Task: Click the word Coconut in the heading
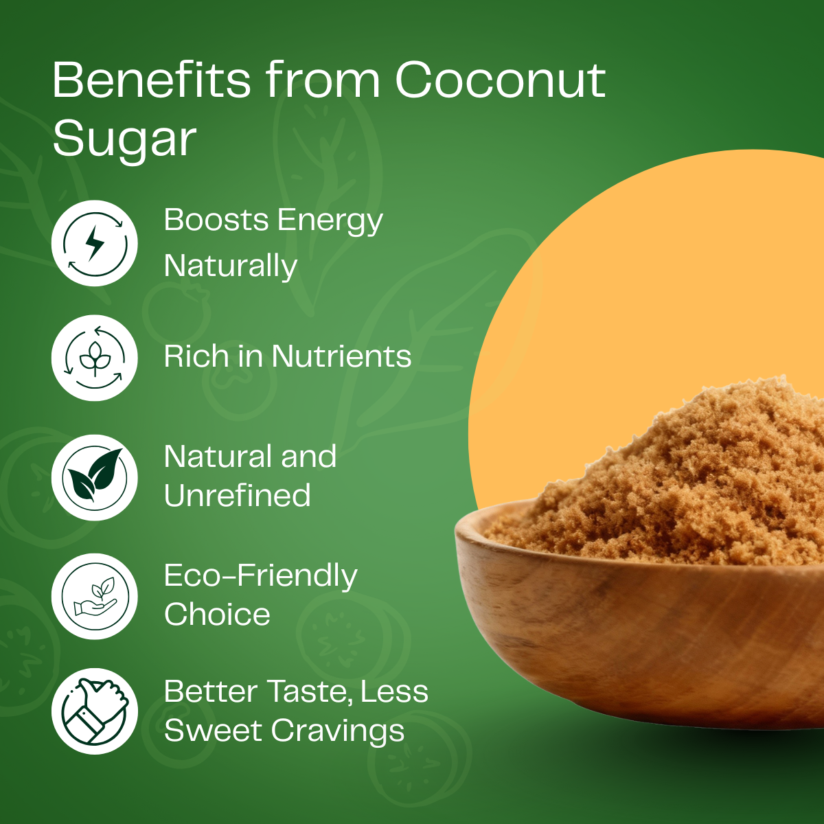click(500, 80)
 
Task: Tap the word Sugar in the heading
click(124, 139)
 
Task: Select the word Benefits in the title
click(152, 80)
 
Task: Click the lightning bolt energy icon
click(95, 243)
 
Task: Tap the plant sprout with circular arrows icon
click(95, 358)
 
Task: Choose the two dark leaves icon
click(95, 477)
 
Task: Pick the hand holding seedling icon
click(95, 596)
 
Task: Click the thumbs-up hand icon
click(95, 711)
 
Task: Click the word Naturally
click(231, 266)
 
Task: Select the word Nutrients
click(341, 356)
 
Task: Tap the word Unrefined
click(237, 495)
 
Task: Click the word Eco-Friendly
click(261, 576)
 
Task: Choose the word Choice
click(217, 615)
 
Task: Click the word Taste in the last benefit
click(309, 691)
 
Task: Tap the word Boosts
click(216, 220)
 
